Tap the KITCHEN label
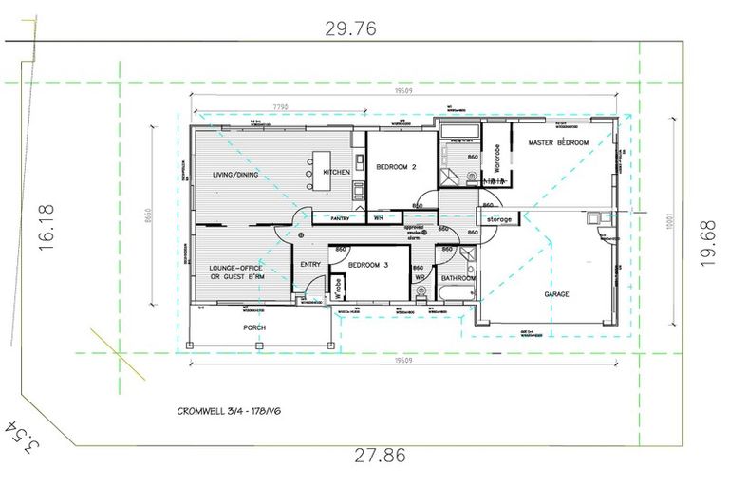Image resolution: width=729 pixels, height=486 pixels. tap(337, 172)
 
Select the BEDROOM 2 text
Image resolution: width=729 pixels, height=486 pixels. tap(397, 167)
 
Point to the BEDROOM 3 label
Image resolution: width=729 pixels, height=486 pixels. tap(369, 266)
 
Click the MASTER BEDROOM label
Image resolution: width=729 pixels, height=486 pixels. tap(558, 142)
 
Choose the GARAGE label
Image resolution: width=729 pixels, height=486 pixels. tap(556, 294)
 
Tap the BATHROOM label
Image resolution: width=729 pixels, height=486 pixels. tap(458, 278)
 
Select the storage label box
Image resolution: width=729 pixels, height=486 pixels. tap(498, 219)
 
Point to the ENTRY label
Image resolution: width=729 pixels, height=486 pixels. tap(309, 265)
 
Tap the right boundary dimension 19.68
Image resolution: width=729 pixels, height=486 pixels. tap(709, 244)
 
